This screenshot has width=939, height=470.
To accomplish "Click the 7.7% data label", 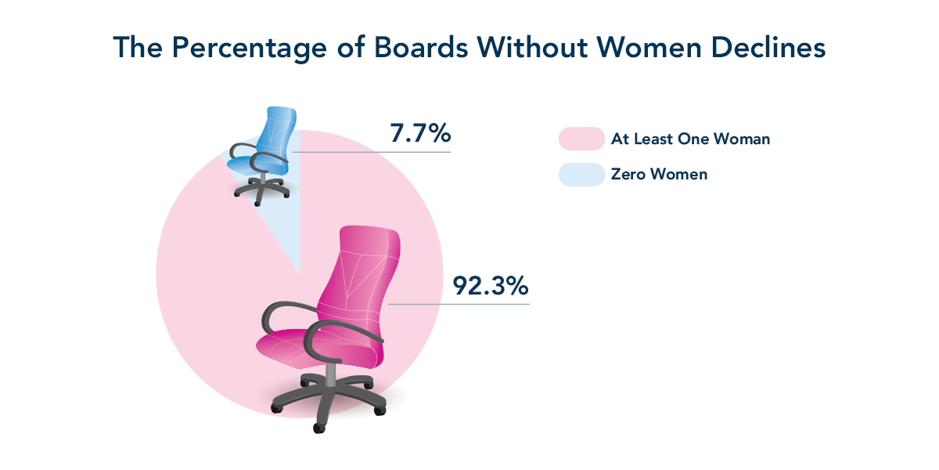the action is coord(420,133).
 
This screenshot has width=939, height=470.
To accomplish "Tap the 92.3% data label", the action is coord(491,286).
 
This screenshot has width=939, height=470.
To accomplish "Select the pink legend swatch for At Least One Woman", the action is coord(581,139).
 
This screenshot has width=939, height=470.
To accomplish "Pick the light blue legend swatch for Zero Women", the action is coord(581,174).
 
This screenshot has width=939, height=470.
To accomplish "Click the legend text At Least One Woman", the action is coord(690,139).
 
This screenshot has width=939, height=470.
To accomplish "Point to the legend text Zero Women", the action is coord(659,174).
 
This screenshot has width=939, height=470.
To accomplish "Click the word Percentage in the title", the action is coord(249,49).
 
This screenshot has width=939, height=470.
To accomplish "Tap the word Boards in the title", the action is coord(421,47).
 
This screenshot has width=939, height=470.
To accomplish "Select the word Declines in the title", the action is coord(768,47).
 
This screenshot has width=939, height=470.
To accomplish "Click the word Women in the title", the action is coord(649,47).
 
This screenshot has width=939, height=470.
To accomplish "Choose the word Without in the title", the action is coord(532,47).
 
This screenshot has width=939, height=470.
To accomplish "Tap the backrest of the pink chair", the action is coord(360,277).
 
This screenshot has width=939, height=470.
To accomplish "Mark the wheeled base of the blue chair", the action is coord(262,190).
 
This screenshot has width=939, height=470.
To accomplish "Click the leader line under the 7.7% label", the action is coord(372,152).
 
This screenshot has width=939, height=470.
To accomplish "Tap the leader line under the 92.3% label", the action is coord(459,304).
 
